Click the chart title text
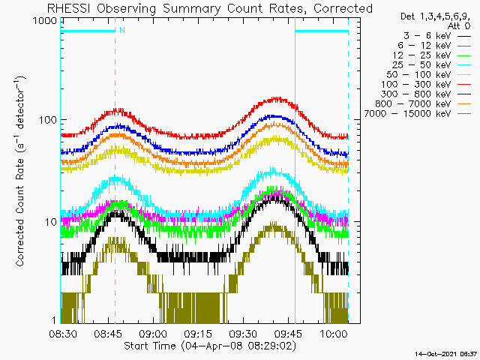[210, 8]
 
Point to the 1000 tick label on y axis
[45, 21]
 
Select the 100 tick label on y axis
[48, 120]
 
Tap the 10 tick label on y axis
[51, 222]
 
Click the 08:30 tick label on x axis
[63, 333]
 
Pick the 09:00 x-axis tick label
[153, 333]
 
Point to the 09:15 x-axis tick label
[198, 333]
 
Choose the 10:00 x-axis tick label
[334, 333]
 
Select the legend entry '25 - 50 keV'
[421, 65]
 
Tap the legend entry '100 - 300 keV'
[416, 85]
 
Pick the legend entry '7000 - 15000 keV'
[407, 113]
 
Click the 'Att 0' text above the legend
[458, 26]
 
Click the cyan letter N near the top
[122, 30]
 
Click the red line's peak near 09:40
[277, 99]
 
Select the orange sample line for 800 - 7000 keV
[464, 104]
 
